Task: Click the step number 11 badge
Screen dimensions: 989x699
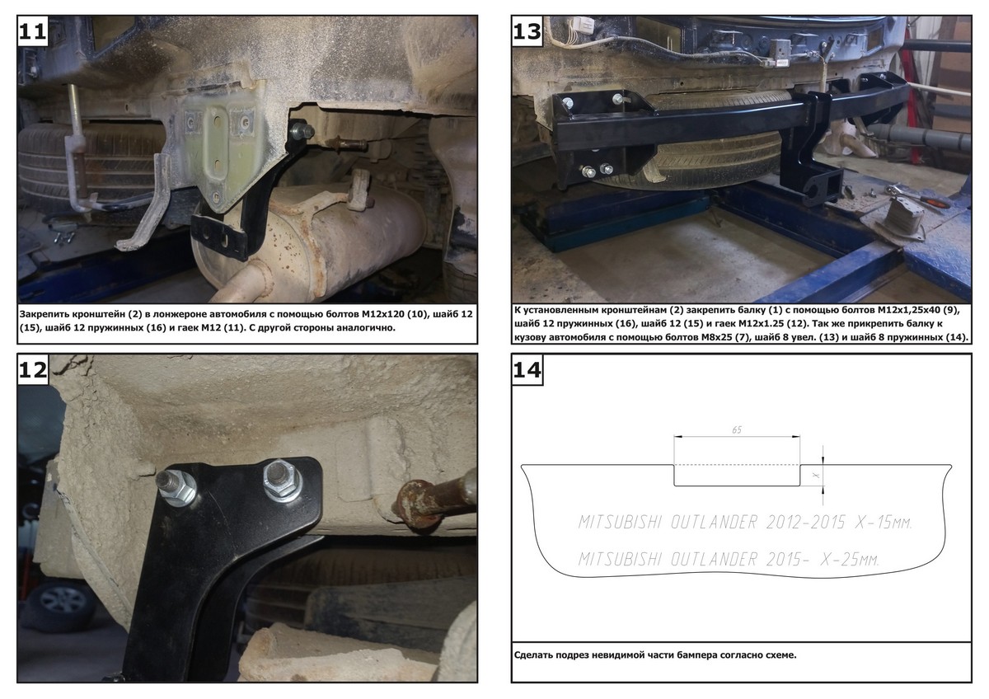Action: point(32,30)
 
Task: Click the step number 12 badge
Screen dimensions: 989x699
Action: point(32,368)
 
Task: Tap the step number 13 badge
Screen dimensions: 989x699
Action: point(527,30)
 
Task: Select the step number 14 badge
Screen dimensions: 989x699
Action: point(527,369)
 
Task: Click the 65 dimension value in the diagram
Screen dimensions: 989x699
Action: point(737,429)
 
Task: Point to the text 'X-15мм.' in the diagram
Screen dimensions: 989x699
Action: point(884,523)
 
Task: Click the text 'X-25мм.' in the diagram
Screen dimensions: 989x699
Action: point(850,560)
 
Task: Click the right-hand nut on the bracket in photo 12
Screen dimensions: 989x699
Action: point(282,481)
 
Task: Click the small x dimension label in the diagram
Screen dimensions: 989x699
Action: point(816,475)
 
